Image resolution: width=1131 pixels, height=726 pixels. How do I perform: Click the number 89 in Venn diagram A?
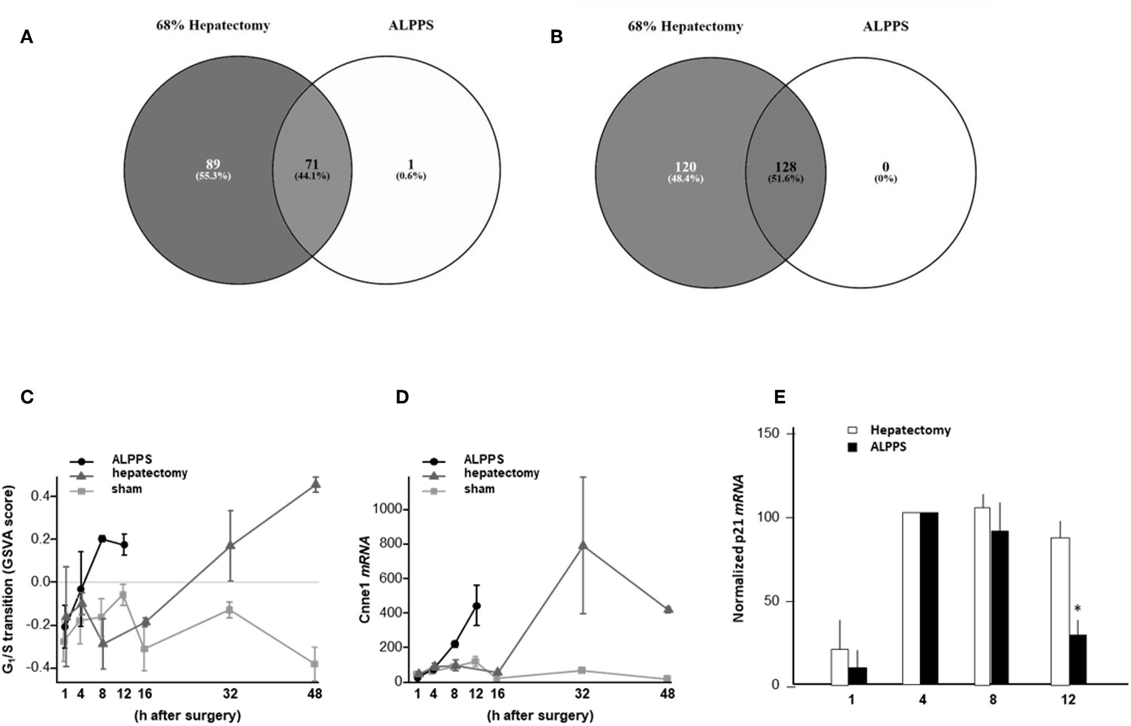point(213,164)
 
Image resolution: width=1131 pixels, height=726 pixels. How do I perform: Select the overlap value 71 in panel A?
point(312,164)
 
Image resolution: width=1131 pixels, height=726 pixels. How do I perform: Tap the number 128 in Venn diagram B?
point(786,167)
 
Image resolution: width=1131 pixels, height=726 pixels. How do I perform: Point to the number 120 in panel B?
point(685,167)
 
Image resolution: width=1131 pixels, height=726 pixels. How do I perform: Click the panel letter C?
point(27,397)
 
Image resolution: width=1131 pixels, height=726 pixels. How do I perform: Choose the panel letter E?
point(780,397)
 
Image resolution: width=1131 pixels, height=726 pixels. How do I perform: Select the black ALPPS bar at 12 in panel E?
point(1077,660)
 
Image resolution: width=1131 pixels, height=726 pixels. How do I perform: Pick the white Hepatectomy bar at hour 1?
point(839,667)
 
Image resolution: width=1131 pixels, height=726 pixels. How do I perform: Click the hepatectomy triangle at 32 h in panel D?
point(583,545)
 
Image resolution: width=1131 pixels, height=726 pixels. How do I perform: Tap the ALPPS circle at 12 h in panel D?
point(477,606)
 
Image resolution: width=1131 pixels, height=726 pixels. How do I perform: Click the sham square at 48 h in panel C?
point(315,664)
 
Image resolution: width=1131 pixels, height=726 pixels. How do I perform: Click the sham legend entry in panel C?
point(126,489)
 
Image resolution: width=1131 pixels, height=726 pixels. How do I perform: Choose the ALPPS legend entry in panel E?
point(888,447)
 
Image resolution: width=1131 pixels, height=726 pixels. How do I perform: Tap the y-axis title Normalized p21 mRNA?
point(739,548)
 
